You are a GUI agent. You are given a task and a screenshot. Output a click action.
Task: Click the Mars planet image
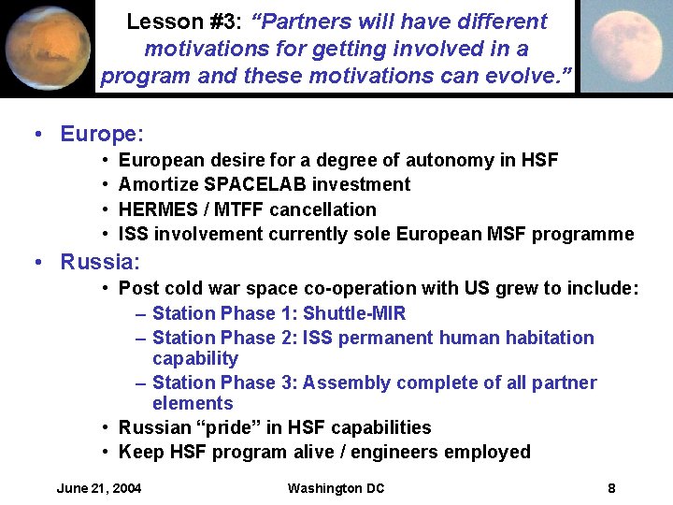[46, 47]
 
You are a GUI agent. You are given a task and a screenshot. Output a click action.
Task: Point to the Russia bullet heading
[99, 262]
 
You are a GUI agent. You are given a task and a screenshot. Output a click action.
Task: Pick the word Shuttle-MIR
[354, 313]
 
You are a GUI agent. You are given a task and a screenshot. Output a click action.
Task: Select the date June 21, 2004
[99, 488]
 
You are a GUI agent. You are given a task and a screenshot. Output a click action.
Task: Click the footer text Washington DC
[336, 488]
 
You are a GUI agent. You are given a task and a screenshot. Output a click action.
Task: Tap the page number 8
[611, 488]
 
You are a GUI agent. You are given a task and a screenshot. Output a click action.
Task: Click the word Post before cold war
[137, 289]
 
